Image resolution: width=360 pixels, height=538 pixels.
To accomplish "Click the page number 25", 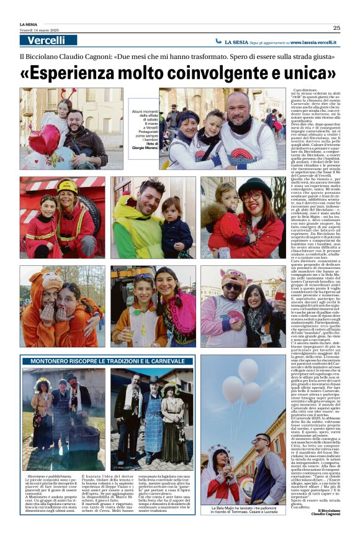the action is point(336,27).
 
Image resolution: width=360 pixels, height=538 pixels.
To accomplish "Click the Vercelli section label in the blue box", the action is point(47,40).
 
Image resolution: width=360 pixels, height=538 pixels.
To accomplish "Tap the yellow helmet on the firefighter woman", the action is point(67,186).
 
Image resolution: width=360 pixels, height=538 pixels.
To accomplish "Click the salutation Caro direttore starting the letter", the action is point(305,91).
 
